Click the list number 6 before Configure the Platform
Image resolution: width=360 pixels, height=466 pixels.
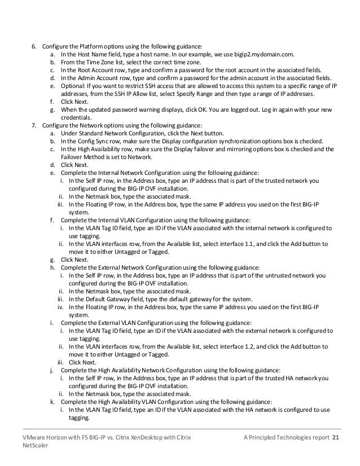tap(32, 46)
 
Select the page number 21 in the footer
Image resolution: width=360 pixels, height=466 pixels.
tap(337, 437)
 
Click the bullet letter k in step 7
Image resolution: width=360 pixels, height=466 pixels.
tap(52, 401)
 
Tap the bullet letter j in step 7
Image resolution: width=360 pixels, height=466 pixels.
tap(52, 370)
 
